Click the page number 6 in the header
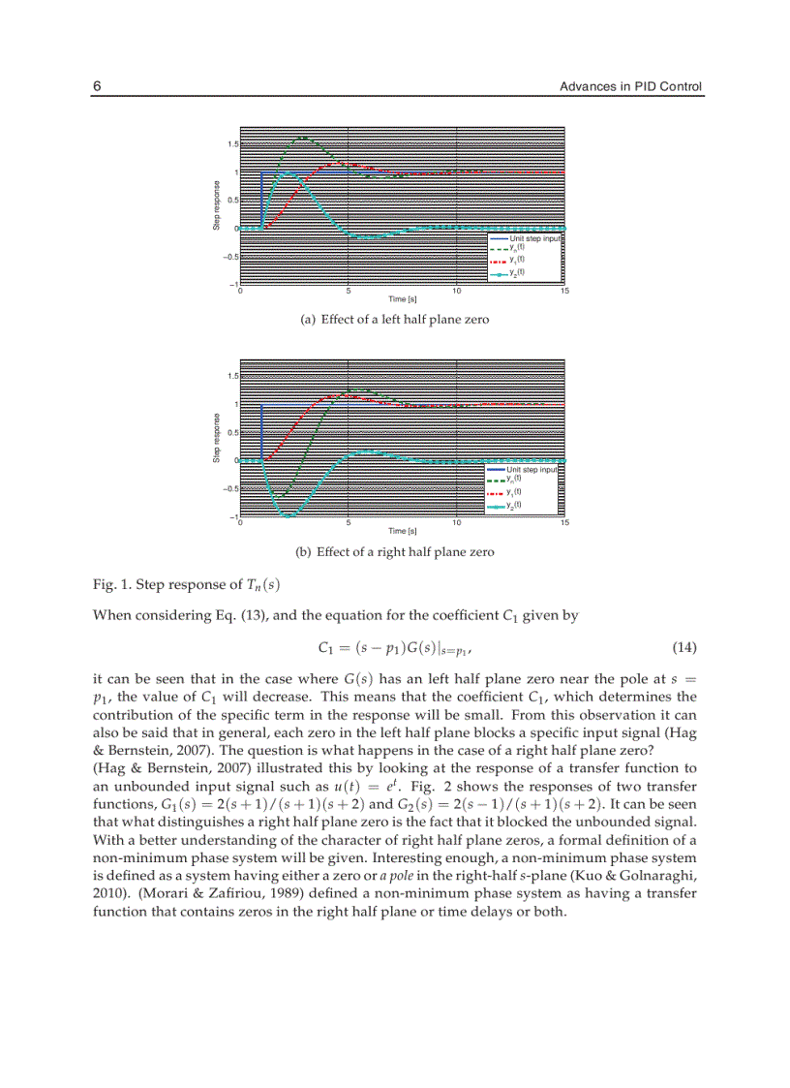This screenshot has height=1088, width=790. (x=97, y=87)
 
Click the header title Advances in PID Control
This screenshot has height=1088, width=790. (x=631, y=87)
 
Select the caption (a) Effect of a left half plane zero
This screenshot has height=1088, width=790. (x=395, y=320)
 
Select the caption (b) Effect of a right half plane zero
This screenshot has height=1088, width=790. (x=395, y=552)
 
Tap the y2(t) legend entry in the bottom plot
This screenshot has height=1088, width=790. (x=514, y=504)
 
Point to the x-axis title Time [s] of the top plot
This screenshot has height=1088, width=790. (x=402, y=298)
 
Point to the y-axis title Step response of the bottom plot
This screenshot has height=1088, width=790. (x=217, y=439)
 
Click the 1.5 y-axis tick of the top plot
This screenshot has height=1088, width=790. (x=232, y=144)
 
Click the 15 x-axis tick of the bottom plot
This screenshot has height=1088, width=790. (x=564, y=523)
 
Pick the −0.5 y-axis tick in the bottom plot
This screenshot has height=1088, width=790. (x=229, y=488)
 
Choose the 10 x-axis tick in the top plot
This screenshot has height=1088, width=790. (x=456, y=292)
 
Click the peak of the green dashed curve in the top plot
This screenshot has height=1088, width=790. (x=303, y=138)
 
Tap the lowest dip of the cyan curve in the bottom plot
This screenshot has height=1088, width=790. (x=287, y=515)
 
